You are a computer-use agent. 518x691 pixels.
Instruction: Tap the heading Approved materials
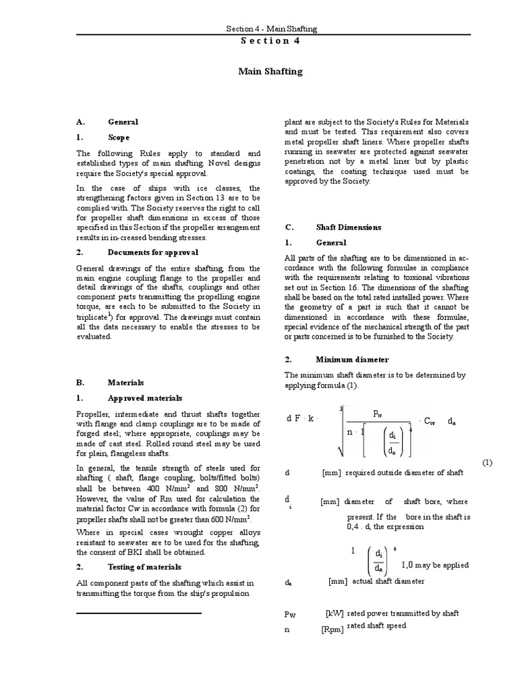click(144, 397)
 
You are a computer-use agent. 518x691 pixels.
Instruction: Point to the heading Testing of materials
click(144, 567)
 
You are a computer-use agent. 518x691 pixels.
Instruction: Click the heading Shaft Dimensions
click(348, 227)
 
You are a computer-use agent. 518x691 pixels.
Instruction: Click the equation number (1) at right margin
click(488, 462)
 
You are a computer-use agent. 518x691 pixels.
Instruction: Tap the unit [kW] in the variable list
click(335, 613)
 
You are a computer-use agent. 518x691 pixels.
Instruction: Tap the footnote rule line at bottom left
click(139, 613)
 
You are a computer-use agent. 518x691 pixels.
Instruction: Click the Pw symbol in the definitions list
click(291, 615)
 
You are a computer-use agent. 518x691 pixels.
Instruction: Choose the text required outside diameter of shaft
click(403, 472)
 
